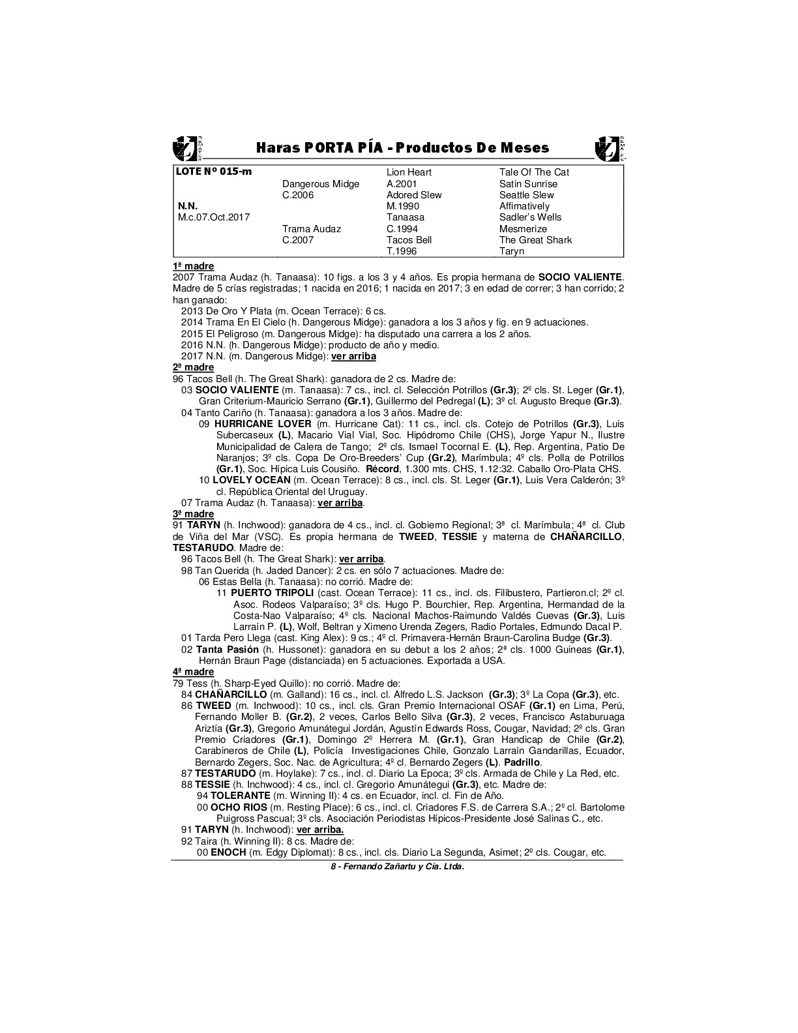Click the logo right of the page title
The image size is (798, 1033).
(x=610, y=148)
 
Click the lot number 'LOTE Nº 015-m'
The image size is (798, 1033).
(x=214, y=172)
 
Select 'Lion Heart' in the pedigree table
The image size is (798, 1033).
(x=409, y=172)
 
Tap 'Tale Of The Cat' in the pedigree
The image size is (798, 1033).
(x=534, y=172)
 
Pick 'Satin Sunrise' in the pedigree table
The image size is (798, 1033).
(x=528, y=184)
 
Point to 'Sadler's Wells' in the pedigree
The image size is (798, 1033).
(x=530, y=217)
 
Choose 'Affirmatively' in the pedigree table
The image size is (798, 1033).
(x=524, y=206)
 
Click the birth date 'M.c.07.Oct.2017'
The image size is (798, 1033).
(x=214, y=217)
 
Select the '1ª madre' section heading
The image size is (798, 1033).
(x=193, y=266)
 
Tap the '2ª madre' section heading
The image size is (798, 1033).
(x=193, y=368)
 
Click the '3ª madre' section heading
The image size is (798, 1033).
(x=193, y=514)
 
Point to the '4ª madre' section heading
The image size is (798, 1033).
(x=193, y=672)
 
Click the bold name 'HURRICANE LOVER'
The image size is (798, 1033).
(x=263, y=424)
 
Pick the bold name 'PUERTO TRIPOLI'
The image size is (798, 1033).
(x=273, y=593)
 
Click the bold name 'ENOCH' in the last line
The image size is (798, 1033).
(x=228, y=852)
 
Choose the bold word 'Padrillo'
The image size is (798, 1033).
(x=523, y=762)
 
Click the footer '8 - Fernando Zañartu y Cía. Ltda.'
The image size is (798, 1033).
(x=398, y=867)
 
